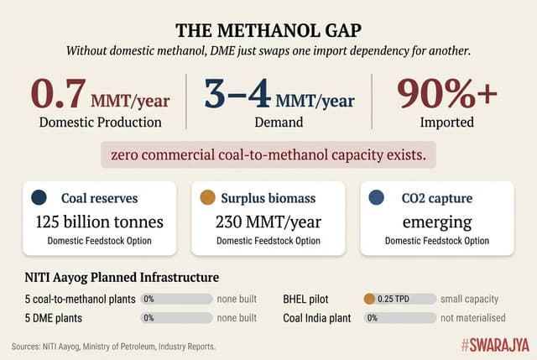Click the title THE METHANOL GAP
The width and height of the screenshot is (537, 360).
pos(268,30)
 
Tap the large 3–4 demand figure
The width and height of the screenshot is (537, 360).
pos(237,93)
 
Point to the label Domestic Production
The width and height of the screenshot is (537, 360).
pos(100,122)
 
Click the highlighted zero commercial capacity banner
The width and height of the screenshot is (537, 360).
pos(268,155)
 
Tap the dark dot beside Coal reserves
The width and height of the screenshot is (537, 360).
pos(38,198)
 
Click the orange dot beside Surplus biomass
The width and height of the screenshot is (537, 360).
pos(206,198)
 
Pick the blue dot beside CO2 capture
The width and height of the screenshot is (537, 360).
pos(376,198)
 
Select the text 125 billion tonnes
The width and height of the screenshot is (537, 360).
pos(100,222)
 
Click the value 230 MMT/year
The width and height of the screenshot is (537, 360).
pos(268,222)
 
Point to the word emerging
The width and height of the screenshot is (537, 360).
pos(436,222)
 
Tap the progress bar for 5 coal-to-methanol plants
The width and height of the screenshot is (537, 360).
pos(177,298)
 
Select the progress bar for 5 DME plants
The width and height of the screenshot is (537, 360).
pos(177,318)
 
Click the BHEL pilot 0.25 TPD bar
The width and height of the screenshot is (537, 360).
pos(399,298)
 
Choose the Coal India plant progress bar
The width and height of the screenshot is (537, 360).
pos(399,318)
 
